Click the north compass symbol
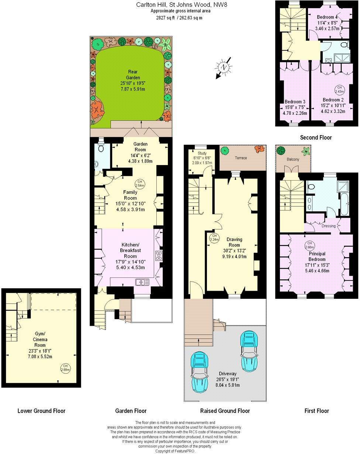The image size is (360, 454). pos(223,67)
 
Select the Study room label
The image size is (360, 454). pos(202,153)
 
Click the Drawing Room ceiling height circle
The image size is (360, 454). pos(214,238)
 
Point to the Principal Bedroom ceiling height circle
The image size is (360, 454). pos(309,245)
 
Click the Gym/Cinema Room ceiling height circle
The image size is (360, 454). pos(65,367)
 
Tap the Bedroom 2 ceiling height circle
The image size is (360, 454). pos(339,89)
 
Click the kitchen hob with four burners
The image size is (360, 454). pos(159,256)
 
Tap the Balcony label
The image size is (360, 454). pos(293,160)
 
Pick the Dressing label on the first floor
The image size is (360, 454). pos(329,226)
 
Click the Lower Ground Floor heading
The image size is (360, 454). pos(41,411)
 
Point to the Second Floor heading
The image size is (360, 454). pos(316,137)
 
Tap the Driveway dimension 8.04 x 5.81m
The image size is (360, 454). pos(227,385)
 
